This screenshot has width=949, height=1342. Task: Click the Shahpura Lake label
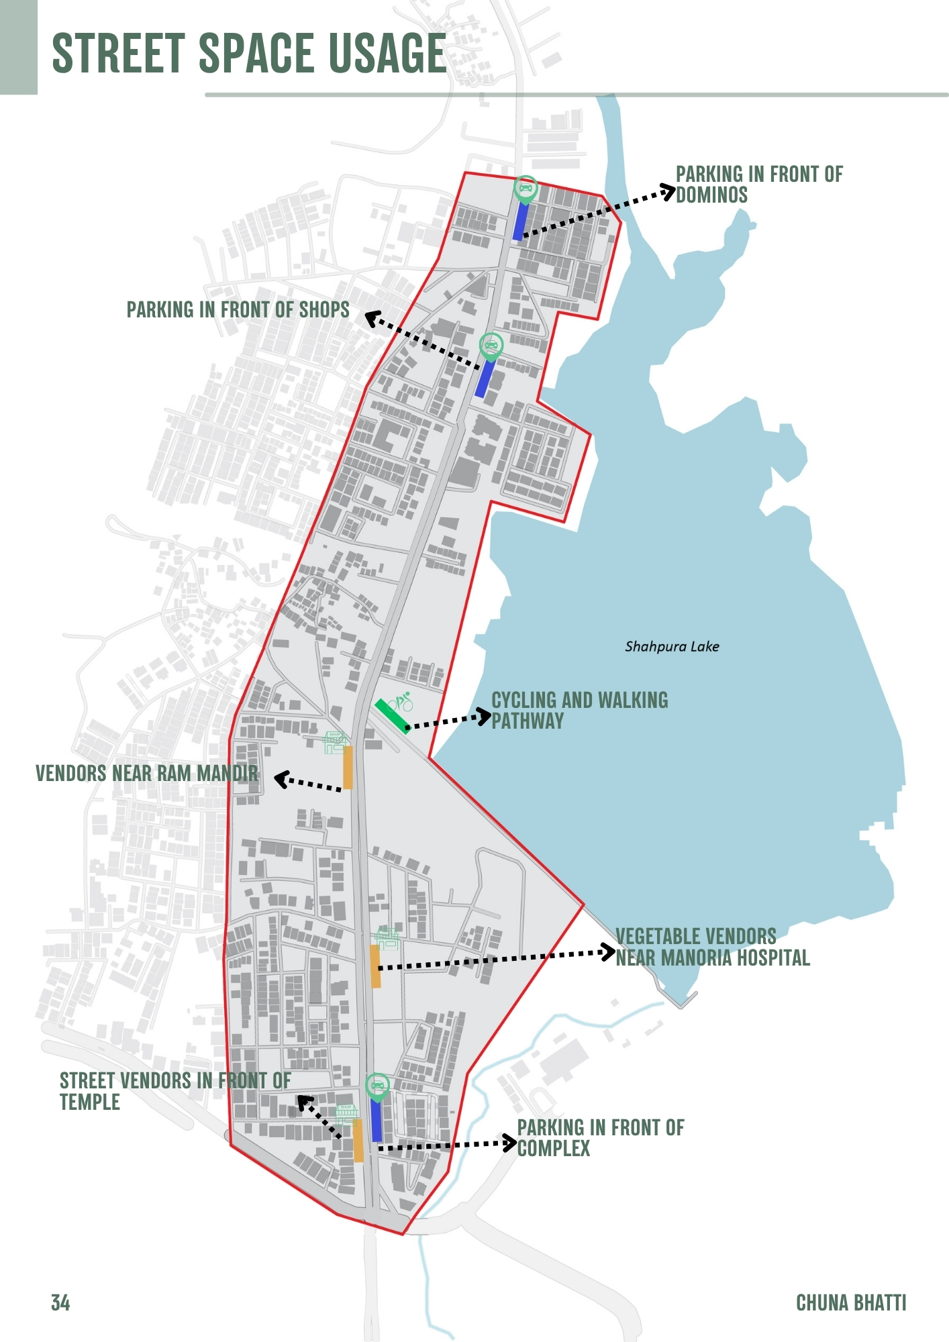[672, 647]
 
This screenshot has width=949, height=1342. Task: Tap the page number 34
[60, 1302]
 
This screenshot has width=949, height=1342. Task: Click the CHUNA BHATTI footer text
[850, 1302]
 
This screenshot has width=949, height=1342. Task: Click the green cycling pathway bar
[392, 716]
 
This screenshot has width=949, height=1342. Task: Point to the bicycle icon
[401, 703]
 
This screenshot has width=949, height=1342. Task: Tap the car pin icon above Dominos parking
[526, 189]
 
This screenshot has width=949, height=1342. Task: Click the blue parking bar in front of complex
[377, 1120]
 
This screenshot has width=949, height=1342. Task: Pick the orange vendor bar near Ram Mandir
[348, 768]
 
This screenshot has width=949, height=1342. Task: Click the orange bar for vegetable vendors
[375, 966]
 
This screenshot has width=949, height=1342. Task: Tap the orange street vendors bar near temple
[358, 1140]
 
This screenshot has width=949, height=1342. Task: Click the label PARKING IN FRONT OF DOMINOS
[758, 185]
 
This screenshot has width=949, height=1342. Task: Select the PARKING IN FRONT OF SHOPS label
[238, 310]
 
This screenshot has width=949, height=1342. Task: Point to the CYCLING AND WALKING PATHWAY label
[579, 710]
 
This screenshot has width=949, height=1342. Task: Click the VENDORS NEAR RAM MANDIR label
[146, 774]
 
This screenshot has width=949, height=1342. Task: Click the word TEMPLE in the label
[90, 1102]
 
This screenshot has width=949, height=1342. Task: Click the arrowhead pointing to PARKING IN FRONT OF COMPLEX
[511, 1143]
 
